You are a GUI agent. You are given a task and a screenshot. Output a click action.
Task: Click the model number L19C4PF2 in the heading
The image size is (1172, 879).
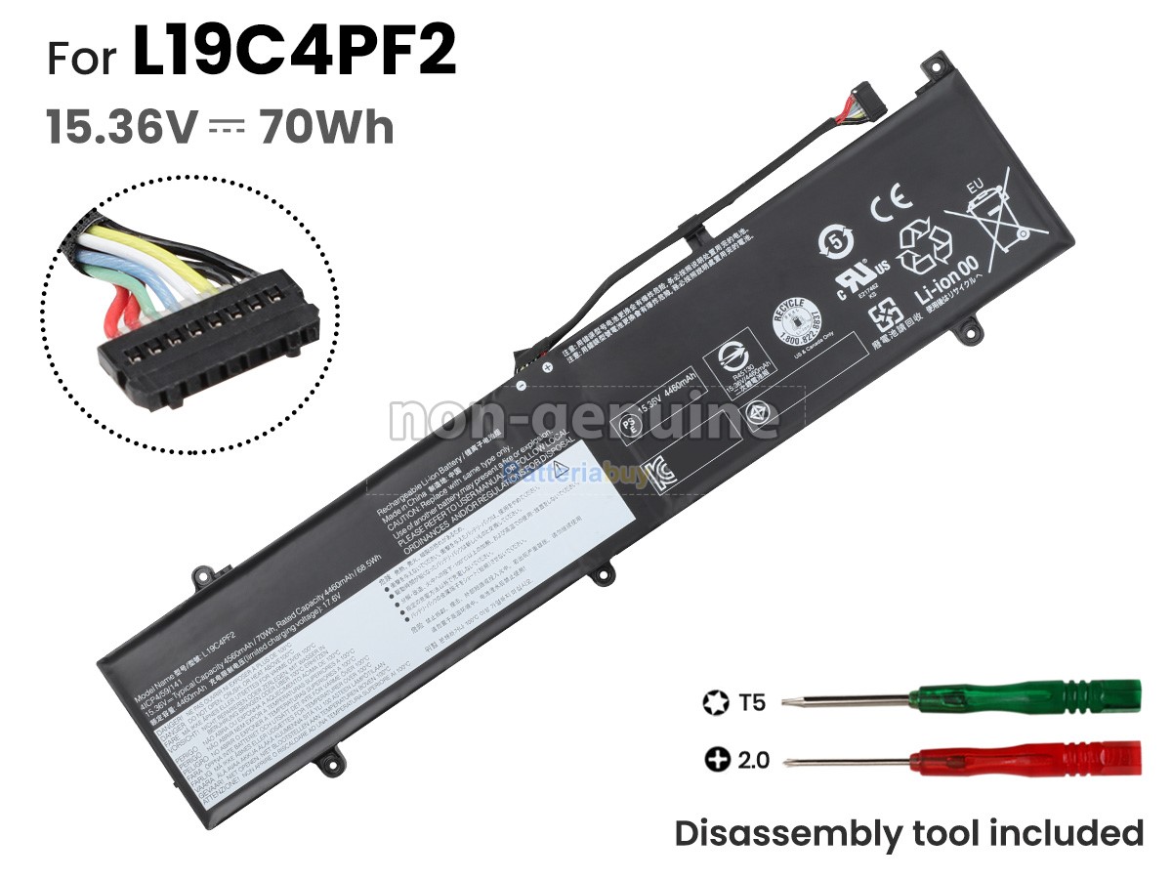294,56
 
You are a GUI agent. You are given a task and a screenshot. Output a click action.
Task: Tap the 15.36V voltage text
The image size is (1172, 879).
122,128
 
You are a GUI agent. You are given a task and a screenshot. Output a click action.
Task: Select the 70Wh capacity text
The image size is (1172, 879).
326,128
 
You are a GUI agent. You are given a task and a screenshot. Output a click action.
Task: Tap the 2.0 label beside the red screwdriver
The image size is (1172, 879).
752,758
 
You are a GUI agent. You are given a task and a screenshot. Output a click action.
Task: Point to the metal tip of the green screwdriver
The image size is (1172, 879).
807,700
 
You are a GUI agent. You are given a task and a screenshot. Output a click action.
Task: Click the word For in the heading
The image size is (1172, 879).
84,59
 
